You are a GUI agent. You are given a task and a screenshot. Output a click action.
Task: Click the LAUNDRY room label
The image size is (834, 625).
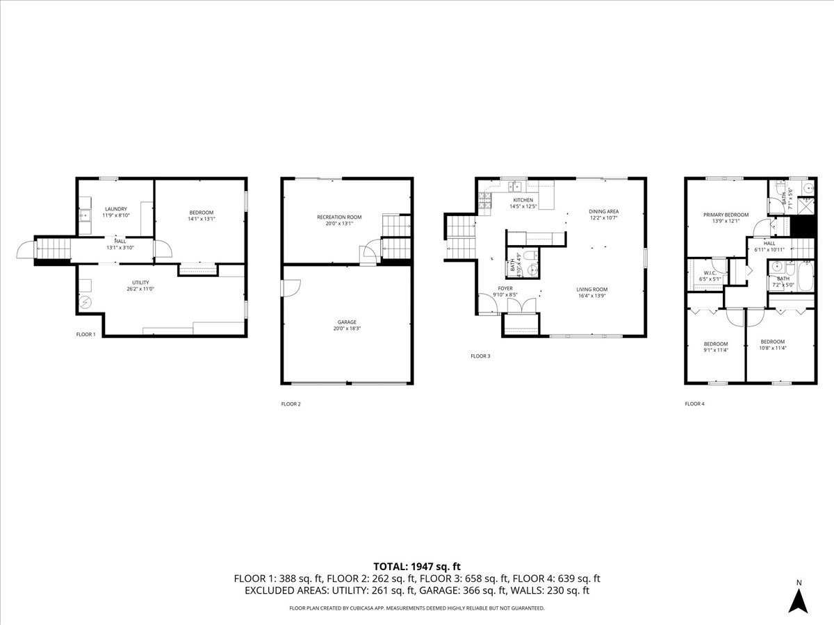click(x=116, y=209)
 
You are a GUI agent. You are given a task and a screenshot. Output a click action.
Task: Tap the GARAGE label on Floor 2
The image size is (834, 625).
click(x=347, y=322)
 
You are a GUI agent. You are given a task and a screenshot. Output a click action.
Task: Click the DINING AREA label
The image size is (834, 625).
click(x=603, y=211)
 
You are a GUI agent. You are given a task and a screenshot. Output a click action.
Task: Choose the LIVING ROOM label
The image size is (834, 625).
click(x=591, y=290)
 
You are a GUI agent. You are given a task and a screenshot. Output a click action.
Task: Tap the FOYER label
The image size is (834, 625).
click(x=505, y=288)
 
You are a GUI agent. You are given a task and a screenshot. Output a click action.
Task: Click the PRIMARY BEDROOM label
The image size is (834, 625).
click(x=726, y=215)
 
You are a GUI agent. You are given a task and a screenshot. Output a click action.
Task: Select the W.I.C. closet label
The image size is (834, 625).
click(x=710, y=273)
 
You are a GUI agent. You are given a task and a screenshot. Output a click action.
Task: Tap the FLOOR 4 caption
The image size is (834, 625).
click(x=694, y=403)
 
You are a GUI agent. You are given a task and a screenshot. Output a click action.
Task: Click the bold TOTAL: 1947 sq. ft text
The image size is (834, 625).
click(x=417, y=567)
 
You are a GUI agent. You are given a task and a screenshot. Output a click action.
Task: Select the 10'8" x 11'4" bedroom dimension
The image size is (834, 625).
click(x=772, y=349)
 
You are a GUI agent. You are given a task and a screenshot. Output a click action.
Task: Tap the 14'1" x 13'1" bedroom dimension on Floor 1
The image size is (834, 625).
click(x=201, y=219)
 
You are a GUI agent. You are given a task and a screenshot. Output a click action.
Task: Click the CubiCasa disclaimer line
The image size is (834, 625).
click(x=417, y=608)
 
